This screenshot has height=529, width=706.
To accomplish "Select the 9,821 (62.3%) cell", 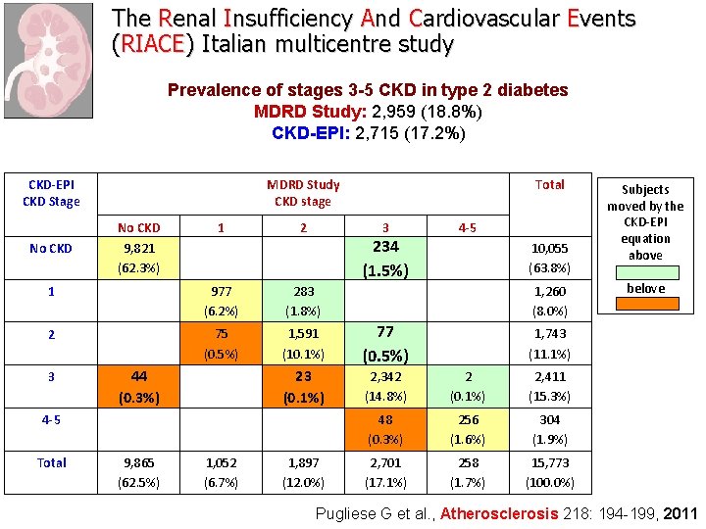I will [x=137, y=258].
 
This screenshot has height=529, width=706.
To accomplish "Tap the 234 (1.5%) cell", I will [x=385, y=258].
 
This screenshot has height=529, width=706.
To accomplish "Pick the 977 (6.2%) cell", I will [x=221, y=300].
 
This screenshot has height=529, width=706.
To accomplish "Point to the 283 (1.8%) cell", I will [x=303, y=300].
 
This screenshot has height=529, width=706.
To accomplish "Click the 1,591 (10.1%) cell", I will [x=303, y=344].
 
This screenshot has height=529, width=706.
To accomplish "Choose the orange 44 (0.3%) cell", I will [x=137, y=386].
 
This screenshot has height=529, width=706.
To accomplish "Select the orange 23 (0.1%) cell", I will [x=303, y=386].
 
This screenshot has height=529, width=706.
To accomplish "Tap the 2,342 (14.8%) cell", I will [x=385, y=386].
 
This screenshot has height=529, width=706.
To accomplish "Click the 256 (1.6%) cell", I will [x=468, y=429].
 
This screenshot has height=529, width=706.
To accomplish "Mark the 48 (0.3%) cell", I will [x=385, y=429].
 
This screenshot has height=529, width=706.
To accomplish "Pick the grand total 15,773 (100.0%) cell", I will [x=550, y=472].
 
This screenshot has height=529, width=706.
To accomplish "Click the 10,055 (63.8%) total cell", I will [x=550, y=258].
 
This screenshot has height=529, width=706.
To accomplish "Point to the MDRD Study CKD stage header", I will [x=303, y=193].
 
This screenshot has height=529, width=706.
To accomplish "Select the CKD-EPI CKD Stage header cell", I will [x=51, y=193].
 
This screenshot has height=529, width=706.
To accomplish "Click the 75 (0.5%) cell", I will [x=221, y=344].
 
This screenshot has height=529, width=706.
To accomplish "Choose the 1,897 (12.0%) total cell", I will [x=303, y=472].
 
